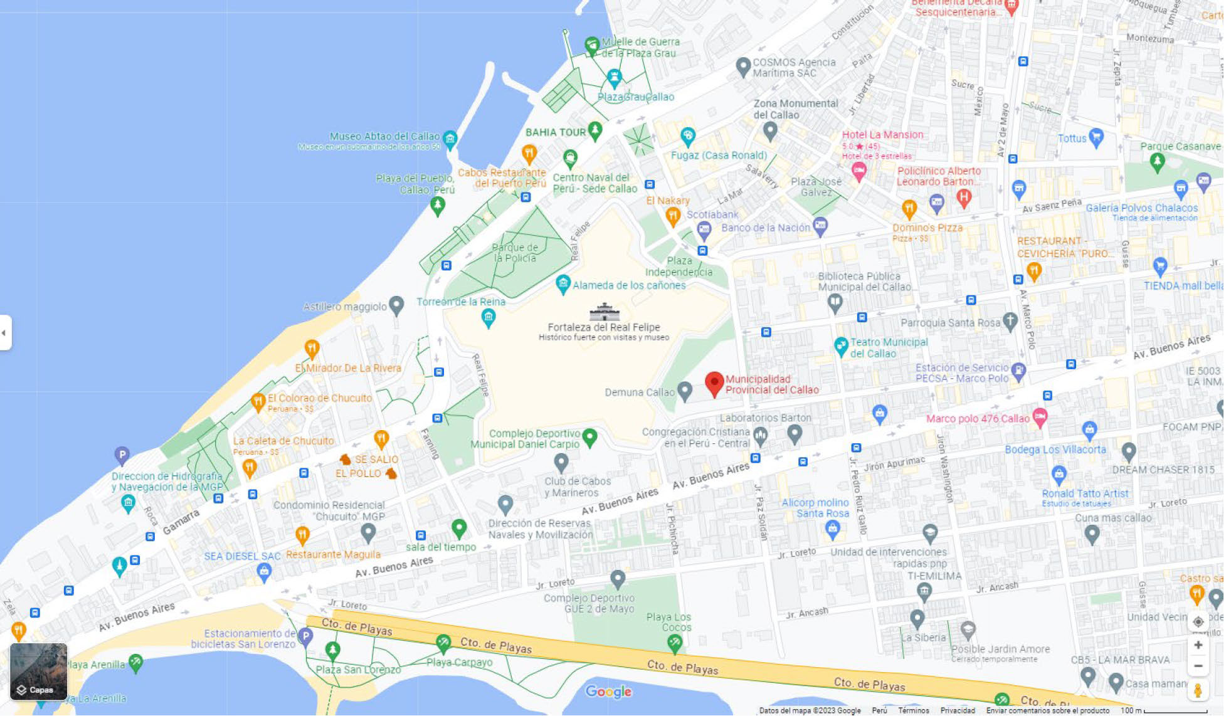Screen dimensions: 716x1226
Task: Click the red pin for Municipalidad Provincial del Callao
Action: [714, 383]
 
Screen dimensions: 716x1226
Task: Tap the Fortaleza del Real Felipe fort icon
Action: [604, 312]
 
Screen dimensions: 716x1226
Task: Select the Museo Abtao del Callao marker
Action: [450, 138]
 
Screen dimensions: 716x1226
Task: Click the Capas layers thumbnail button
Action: [38, 671]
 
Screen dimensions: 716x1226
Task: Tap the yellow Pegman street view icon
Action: [1197, 690]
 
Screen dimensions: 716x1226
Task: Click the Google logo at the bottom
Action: [608, 692]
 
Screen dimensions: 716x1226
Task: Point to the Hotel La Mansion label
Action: [882, 135]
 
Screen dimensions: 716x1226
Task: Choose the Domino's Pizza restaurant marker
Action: [909, 208]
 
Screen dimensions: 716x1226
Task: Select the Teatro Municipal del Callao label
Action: [888, 348]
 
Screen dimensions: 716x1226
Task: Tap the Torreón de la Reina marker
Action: [488, 318]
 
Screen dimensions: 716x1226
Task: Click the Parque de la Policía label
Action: [515, 253]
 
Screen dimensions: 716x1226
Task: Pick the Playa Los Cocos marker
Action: [674, 642]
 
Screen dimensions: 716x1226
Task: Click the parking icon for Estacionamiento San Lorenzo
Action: [305, 636]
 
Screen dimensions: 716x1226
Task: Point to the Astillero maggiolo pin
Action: [396, 305]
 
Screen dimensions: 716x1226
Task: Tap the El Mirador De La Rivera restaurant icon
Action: [312, 348]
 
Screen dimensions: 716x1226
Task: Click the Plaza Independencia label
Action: [679, 266]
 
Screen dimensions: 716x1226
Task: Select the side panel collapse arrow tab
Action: [5, 332]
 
